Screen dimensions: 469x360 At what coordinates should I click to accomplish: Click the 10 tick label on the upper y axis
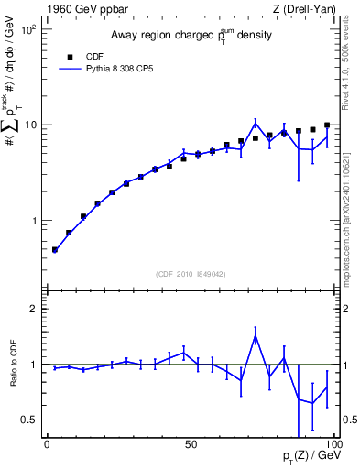tap(31, 125)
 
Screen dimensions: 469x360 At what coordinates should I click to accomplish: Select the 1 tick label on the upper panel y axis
tap(35, 221)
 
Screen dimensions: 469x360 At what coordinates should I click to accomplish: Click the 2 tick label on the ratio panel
tap(35, 309)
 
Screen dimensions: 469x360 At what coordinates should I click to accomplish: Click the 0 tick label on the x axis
tap(47, 444)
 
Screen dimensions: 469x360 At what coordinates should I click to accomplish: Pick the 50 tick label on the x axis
tap(191, 444)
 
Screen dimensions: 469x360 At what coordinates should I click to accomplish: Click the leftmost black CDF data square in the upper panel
tap(55, 249)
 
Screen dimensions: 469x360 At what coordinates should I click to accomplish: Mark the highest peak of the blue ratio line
tap(256, 336)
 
